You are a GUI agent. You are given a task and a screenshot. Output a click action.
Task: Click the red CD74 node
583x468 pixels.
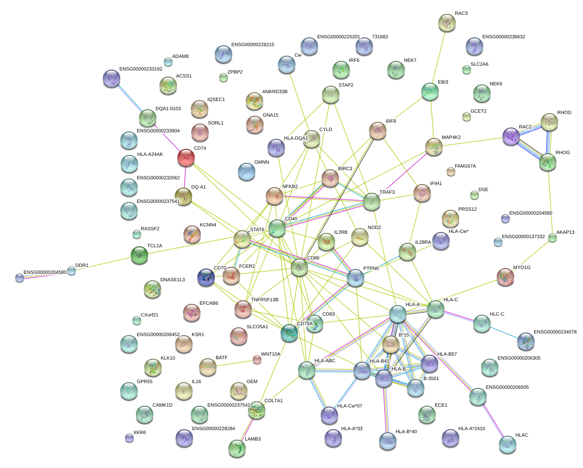pyautogui.click(x=186, y=158)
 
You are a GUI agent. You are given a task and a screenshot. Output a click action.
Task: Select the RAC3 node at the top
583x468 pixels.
pyautogui.click(x=447, y=23)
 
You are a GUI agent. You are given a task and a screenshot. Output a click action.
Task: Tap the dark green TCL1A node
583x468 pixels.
pyautogui.click(x=139, y=255)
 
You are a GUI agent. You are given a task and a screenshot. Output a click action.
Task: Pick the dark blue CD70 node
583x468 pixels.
pyautogui.click(x=206, y=277)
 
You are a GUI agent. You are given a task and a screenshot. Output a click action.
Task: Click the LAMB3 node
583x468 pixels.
pyautogui.click(x=237, y=448)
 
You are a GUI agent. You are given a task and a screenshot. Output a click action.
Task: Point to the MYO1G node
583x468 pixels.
pyautogui.click(x=505, y=277)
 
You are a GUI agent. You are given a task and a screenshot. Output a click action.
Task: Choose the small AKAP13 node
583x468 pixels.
pyautogui.click(x=552, y=238)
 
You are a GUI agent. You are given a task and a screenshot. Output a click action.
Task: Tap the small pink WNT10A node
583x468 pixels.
pyautogui.click(x=257, y=360)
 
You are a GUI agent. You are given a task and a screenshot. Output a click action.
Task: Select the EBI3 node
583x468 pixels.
pyautogui.click(x=430, y=91)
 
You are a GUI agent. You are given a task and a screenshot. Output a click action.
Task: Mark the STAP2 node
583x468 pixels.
pyautogui.click(x=331, y=94)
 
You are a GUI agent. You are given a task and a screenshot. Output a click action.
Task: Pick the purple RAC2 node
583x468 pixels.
pyautogui.click(x=511, y=136)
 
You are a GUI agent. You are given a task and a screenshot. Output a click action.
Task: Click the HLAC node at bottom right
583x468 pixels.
pyautogui.click(x=508, y=444)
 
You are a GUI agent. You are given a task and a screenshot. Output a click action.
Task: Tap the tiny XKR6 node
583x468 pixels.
pyautogui.click(x=129, y=438)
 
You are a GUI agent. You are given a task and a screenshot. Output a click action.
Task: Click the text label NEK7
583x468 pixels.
pyautogui.click(x=410, y=61)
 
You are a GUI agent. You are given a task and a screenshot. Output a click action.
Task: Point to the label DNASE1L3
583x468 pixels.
pyautogui.click(x=173, y=280)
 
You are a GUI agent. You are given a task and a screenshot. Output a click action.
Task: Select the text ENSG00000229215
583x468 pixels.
pyautogui.click(x=253, y=45)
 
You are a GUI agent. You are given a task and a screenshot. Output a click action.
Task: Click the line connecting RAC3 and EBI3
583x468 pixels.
pyautogui.click(x=438, y=57)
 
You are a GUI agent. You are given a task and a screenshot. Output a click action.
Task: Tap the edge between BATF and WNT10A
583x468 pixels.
pyautogui.click(x=235, y=364)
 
